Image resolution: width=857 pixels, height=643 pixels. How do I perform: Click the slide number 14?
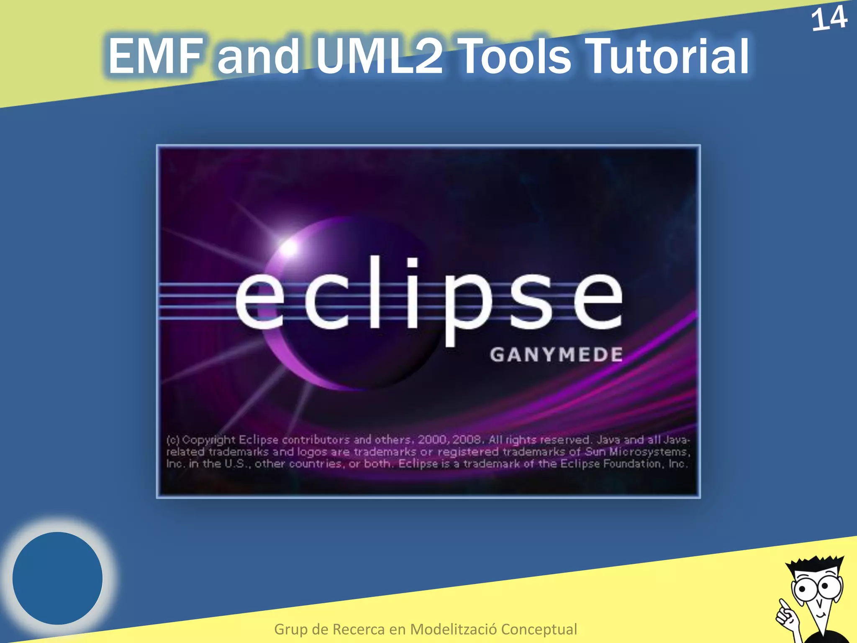829,19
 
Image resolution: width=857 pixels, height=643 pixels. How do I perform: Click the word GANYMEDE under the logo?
556,355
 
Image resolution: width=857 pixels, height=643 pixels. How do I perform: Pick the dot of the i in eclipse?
412,263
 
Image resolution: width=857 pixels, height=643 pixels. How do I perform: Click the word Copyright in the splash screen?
209,440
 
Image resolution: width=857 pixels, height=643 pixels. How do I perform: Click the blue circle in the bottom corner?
58,578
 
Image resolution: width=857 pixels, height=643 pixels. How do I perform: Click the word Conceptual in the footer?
539,629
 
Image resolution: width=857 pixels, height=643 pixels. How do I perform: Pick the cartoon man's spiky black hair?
816,563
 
